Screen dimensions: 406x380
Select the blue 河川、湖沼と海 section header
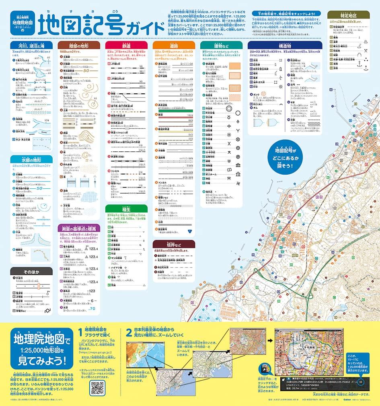31,45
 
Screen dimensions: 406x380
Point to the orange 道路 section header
174,45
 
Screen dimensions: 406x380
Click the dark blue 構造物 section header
284,45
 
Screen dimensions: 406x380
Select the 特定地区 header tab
348,15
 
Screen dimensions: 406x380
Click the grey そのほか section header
31,271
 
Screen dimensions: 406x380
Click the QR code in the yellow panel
98,388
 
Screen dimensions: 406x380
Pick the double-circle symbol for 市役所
229,108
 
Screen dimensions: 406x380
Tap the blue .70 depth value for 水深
92,309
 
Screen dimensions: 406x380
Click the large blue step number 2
129,333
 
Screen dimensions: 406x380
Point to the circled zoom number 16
361,381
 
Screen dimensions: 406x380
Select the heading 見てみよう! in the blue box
39,359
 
